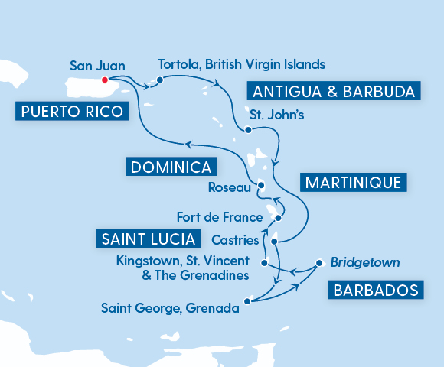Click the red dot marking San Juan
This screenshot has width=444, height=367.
105,79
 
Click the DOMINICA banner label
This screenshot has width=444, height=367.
170,167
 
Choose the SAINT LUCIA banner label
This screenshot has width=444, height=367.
144,238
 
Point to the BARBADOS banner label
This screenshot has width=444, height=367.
376,290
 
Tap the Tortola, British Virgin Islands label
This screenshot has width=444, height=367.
241,63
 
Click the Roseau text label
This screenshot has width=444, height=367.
228,187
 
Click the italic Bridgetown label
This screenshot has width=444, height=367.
365,262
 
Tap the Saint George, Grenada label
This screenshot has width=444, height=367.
170,310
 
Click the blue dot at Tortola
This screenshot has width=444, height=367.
159,80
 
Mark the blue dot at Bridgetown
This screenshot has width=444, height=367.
318,265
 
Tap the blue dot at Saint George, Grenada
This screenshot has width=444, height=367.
247,300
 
